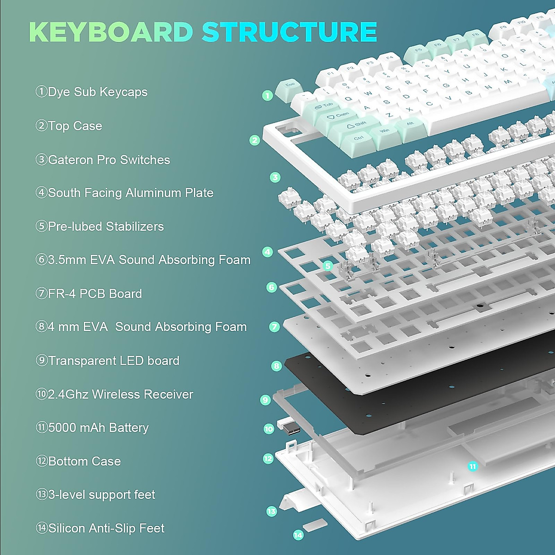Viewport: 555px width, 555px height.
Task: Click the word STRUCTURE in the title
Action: tap(289, 32)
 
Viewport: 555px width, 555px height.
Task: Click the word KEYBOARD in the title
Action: tap(111, 32)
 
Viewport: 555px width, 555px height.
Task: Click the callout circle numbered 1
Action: tap(267, 96)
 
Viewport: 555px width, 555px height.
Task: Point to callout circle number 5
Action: tap(328, 266)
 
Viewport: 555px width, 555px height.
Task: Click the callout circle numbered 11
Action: tap(472, 466)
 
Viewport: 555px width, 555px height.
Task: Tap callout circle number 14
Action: tap(298, 535)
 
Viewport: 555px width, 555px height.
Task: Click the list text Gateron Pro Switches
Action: tap(109, 160)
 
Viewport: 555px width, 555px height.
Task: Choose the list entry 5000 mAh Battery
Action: tap(98, 428)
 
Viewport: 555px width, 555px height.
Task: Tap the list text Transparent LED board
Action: tap(113, 361)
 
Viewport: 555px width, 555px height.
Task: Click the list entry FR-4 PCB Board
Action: tap(95, 294)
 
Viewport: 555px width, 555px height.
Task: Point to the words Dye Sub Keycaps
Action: tap(97, 92)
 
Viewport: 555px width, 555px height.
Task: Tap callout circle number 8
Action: tap(277, 366)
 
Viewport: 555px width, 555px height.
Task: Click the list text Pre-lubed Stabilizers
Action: tap(105, 227)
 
